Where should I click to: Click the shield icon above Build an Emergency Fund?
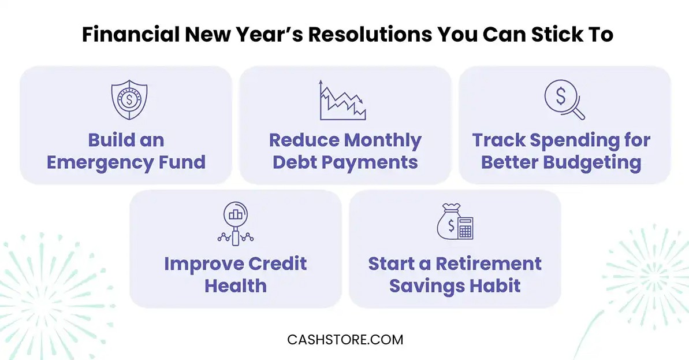coord(129,100)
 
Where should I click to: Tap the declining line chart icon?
coord(342,100)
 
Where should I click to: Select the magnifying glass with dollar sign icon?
coord(565,100)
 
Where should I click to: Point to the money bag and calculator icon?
coord(455,221)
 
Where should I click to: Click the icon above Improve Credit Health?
coord(236,223)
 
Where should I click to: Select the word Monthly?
coord(383,140)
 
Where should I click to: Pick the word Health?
coord(236,286)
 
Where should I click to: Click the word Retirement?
coord(488,263)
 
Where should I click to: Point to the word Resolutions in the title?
coord(370,35)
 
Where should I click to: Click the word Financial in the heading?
coord(131,35)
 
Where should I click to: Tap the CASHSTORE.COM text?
coord(345,340)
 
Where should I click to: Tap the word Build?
coord(111,140)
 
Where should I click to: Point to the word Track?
coord(499,140)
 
